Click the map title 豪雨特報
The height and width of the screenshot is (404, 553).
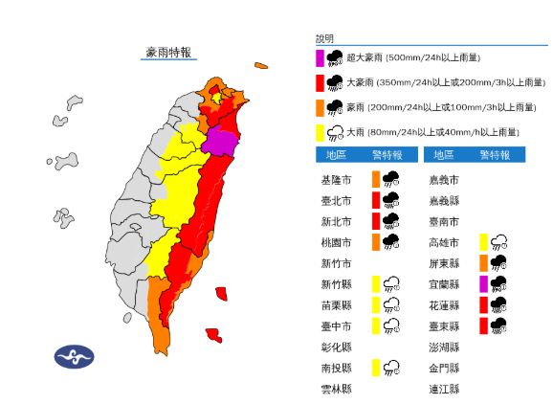click(x=168, y=52)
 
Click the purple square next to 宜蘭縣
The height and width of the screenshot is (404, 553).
click(x=483, y=283)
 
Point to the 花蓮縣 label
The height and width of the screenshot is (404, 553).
click(x=445, y=305)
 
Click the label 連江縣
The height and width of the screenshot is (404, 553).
click(x=445, y=389)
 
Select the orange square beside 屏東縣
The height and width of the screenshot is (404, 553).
click(x=483, y=263)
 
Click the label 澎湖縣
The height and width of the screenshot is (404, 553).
click(x=445, y=347)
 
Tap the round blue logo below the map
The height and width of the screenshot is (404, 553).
click(x=74, y=357)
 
